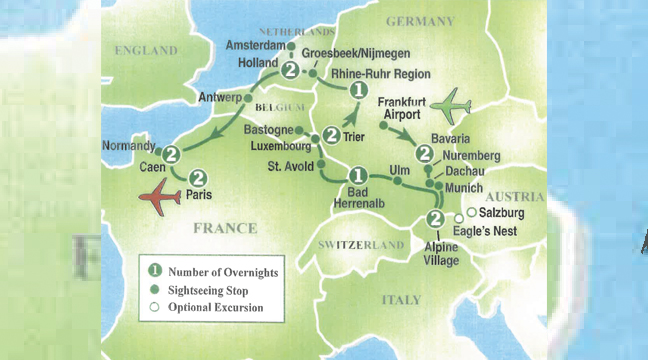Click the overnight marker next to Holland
pyautogui.click(x=290, y=70)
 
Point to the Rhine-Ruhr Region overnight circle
pyautogui.click(x=357, y=91)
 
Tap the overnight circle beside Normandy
pyautogui.click(x=171, y=154)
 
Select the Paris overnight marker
pyautogui.click(x=198, y=176)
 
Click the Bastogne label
pyautogui.click(x=269, y=131)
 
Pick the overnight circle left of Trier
pyautogui.click(x=330, y=132)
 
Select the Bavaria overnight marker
pyautogui.click(x=424, y=153)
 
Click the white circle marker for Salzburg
pyautogui.click(x=471, y=212)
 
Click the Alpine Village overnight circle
pyautogui.click(x=434, y=220)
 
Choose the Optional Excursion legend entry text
pyautogui.click(x=216, y=308)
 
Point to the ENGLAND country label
pyautogui.click(x=145, y=50)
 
